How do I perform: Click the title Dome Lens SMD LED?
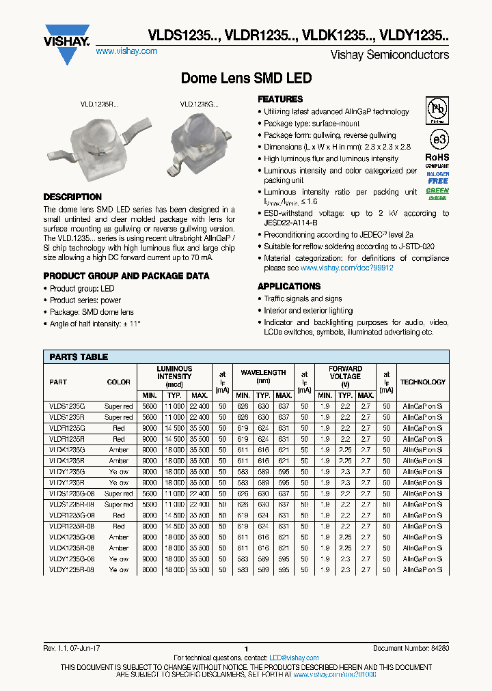pos(246,79)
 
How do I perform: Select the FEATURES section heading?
pos(280,99)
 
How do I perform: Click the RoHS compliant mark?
pos(438,158)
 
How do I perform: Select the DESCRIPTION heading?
pos(72,197)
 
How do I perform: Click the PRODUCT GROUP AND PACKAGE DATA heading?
pos(126,277)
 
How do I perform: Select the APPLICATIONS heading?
pos(289,286)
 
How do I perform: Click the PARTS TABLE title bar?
pos(246,357)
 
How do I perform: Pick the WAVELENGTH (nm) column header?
pos(263,376)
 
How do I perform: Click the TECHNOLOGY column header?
pos(422,382)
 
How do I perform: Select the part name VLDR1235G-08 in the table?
pos(68,516)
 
